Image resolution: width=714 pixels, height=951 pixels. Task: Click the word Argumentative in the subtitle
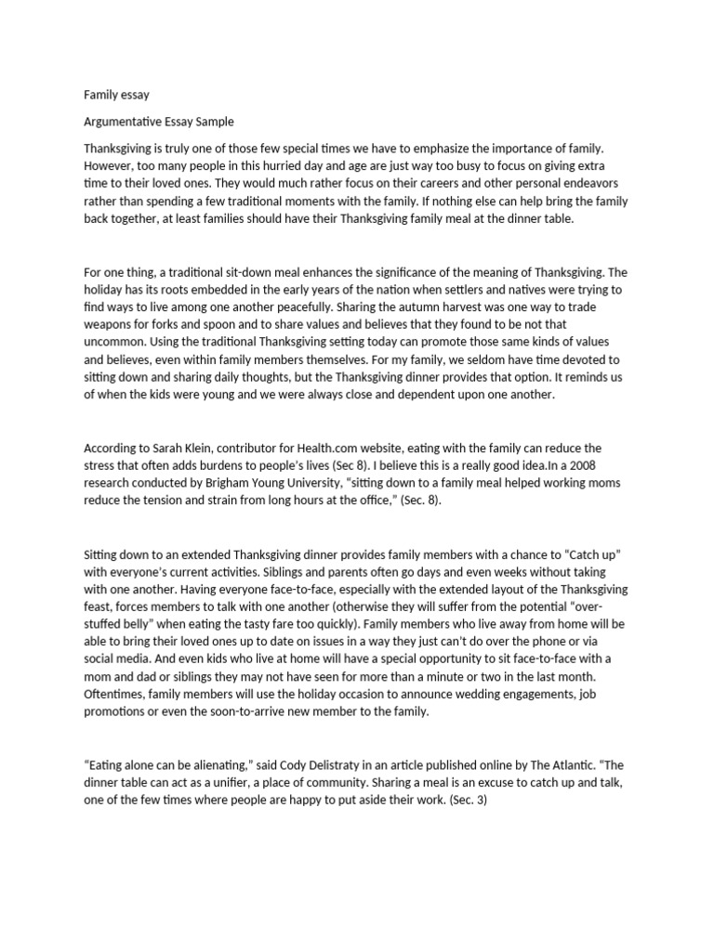[x=128, y=121]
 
